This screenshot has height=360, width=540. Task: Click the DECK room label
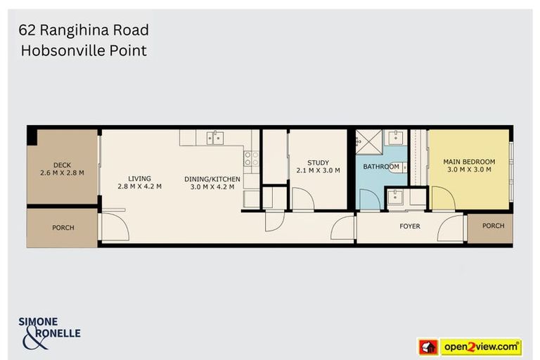pos(62,165)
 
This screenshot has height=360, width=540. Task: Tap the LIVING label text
pos(139,179)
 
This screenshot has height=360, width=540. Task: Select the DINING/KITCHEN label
pos(212,179)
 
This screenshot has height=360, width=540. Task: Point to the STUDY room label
pos(318,163)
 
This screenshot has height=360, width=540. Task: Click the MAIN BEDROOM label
pos(469,162)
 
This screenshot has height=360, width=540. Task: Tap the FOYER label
pos(410,226)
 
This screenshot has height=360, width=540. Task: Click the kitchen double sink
pos(214,137)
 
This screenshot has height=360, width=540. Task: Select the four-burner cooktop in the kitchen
pos(251,158)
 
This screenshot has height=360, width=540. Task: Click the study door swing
pos(302,199)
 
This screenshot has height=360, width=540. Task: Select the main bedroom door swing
pos(442,198)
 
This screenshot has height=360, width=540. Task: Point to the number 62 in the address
pos(27,30)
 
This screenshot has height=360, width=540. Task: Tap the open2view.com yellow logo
pos(481,347)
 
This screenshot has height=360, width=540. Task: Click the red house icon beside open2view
pos(427,347)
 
